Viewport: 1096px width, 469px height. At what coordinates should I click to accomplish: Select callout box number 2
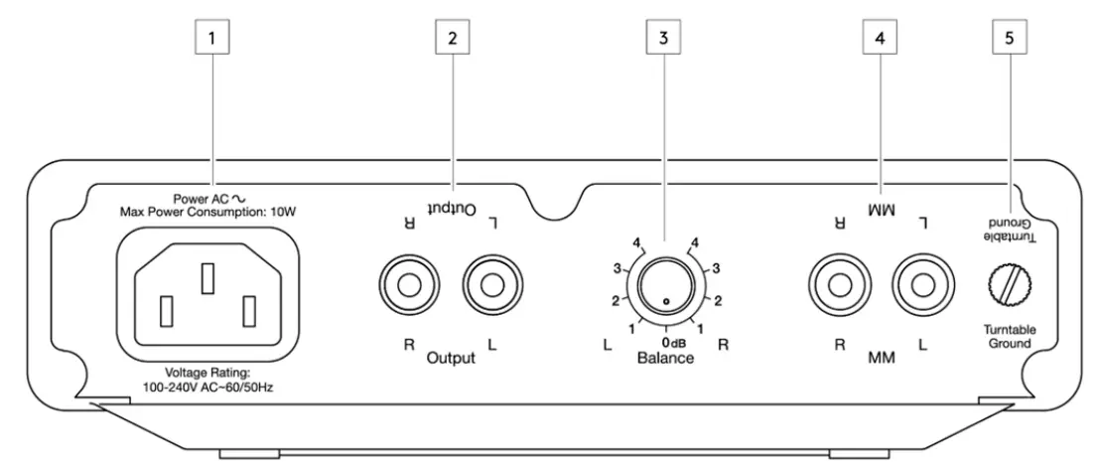pos(453,38)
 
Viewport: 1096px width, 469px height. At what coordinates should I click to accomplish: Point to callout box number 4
pos(880,38)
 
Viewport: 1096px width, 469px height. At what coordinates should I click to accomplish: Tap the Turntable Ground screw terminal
pos(1009,287)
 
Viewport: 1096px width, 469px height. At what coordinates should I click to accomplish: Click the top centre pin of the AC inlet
pos(206,278)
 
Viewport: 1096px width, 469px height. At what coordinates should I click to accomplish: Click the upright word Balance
pos(665,359)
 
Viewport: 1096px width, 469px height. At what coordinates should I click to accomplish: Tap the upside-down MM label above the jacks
pos(880,212)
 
